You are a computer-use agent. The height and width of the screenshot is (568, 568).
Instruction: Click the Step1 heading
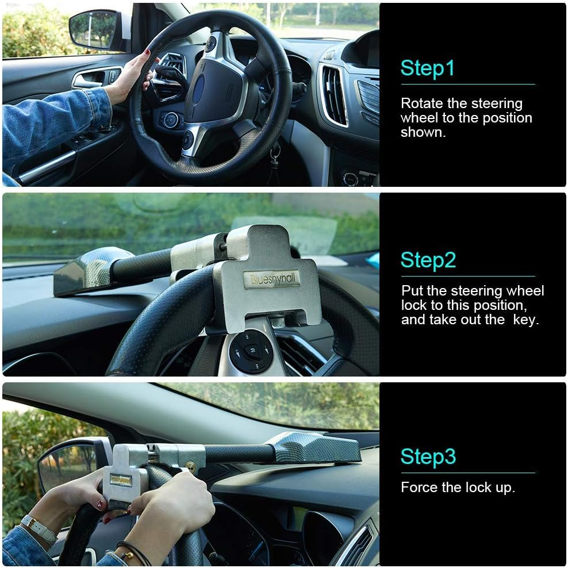(x=427, y=68)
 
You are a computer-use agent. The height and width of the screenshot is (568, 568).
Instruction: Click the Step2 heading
(x=428, y=260)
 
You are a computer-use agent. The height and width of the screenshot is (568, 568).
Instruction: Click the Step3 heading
(x=428, y=456)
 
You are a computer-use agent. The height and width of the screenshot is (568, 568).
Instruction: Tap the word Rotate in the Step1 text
(x=422, y=103)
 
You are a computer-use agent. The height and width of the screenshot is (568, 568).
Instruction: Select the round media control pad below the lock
(x=251, y=351)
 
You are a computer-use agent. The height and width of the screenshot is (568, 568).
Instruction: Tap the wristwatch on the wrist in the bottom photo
(x=37, y=528)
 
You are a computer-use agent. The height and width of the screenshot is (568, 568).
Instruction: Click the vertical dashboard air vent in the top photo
(x=334, y=95)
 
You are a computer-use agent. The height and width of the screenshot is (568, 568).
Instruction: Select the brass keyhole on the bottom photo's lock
(x=191, y=466)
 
